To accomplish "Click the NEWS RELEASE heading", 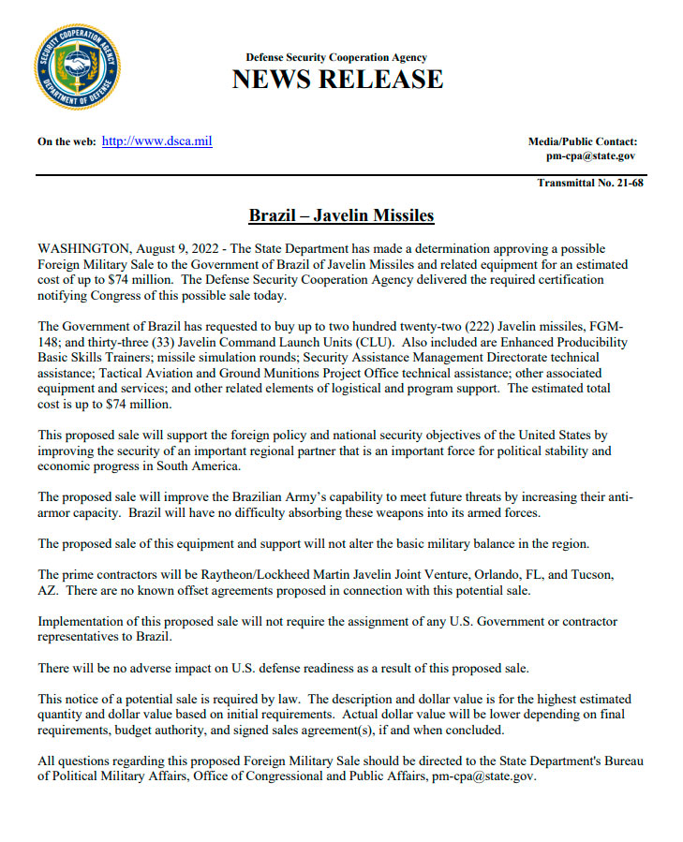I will click(337, 80).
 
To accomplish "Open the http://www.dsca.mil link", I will click(156, 141).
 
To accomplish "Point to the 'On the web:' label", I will click(67, 142).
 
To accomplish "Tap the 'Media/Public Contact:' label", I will click(583, 141).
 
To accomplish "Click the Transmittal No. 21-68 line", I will click(590, 183).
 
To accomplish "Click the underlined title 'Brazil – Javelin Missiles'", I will click(341, 216).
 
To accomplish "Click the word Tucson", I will click(591, 574).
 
